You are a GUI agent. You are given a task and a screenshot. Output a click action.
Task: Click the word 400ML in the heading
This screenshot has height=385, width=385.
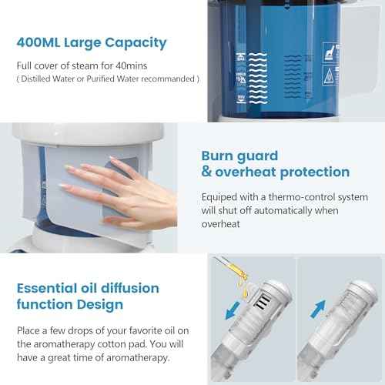pos(45,42)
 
